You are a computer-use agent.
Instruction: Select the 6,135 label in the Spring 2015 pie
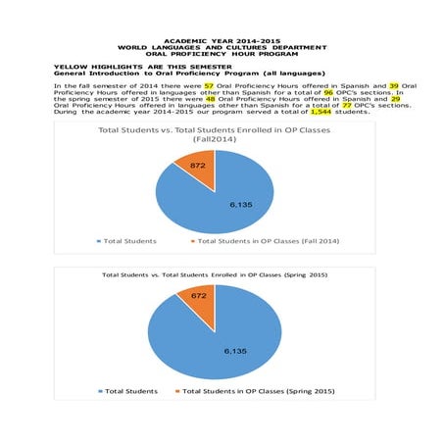235,350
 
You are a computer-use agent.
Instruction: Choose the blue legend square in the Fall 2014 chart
98,240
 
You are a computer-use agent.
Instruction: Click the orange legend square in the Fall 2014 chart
192,240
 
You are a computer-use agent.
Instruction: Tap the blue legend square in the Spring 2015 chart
99,391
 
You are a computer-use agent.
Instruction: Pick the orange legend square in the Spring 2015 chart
177,391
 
